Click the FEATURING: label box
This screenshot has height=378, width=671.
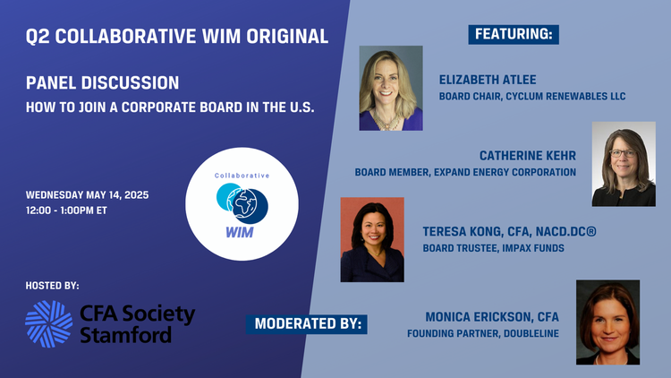514,35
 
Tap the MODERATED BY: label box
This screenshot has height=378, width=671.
306,324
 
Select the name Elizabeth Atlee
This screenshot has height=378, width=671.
488,80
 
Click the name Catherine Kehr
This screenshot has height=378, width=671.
528,156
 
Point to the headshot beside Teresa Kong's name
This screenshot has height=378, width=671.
372,239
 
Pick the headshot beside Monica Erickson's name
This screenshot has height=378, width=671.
607,322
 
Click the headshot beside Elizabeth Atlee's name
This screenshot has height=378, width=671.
391,88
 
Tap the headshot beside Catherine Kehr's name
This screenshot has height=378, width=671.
624,164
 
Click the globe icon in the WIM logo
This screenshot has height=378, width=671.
242,203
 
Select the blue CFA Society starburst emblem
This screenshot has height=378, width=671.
49,324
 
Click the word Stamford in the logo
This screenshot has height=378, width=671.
126,335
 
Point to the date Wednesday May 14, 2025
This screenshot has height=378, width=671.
88,195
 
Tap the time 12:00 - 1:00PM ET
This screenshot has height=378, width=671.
66,210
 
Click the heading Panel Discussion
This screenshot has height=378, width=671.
102,82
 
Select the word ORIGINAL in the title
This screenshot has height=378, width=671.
287,37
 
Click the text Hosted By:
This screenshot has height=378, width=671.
52,286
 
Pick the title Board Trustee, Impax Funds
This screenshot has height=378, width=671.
493,248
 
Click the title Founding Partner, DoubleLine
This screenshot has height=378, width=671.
483,333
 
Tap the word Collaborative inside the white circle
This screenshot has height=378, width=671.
242,176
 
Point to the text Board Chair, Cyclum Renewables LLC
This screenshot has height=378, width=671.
532,97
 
